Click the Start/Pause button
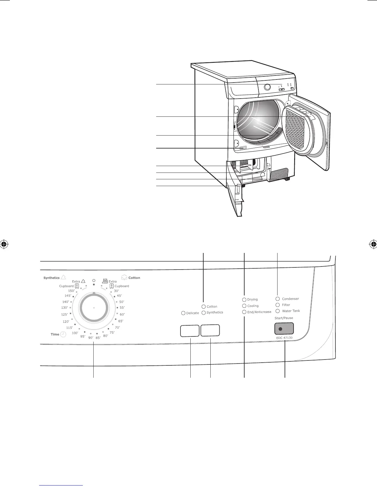click(284, 329)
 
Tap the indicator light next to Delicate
click(183, 313)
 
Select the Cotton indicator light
click(204, 307)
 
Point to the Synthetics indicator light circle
click(204, 313)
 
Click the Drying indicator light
click(245, 299)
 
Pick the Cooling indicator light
click(245, 306)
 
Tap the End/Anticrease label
click(259, 312)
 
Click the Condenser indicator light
click(278, 299)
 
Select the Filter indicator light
click(278, 305)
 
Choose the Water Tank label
click(291, 311)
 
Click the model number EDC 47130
click(284, 338)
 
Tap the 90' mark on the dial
click(91, 338)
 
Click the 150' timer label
click(71, 291)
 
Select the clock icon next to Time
click(63, 334)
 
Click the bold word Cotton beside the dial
click(134, 278)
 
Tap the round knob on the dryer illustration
click(268, 87)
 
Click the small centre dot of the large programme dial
click(94, 308)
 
